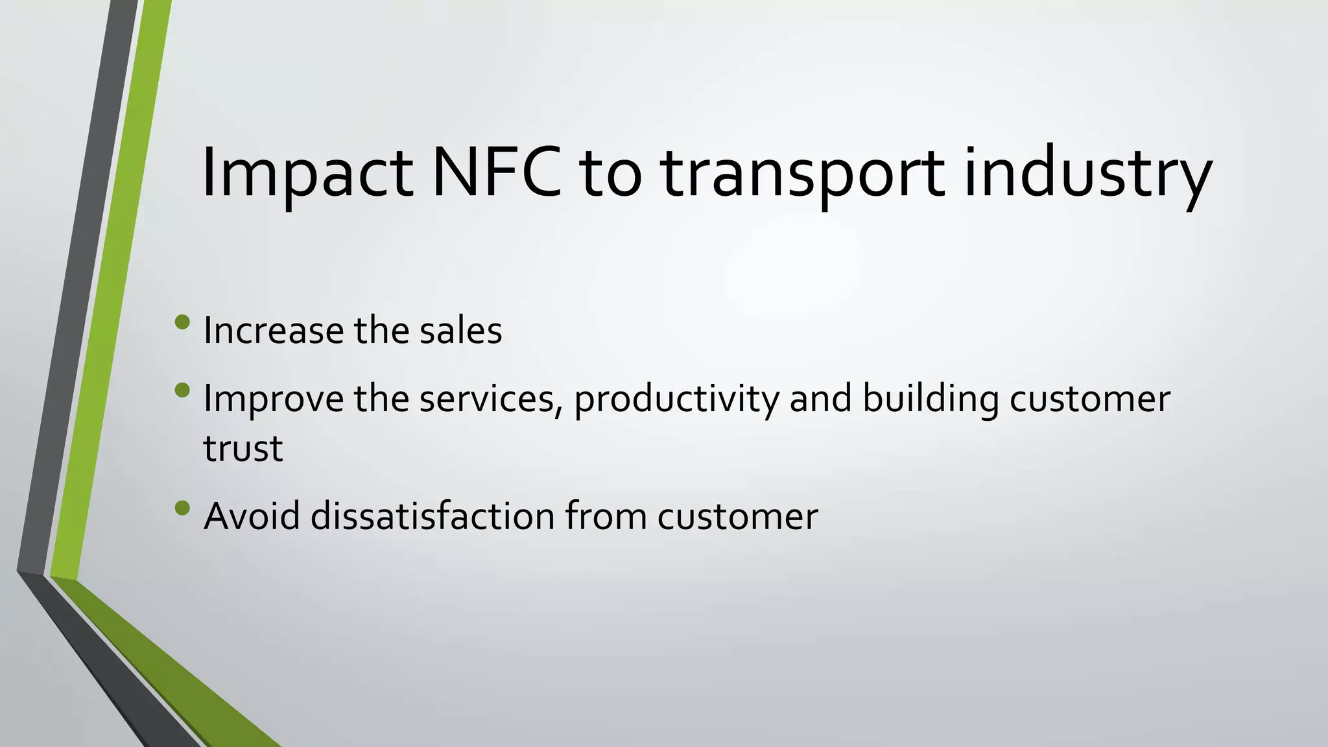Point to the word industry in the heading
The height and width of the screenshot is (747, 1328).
pyautogui.click(x=1087, y=174)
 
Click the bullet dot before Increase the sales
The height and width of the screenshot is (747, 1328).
pyautogui.click(x=182, y=322)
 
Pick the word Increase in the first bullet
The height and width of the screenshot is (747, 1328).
pyautogui.click(x=273, y=331)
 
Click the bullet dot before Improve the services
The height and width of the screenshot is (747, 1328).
pyautogui.click(x=182, y=390)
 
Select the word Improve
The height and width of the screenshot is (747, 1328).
pyautogui.click(x=273, y=399)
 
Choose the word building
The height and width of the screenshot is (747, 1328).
pyautogui.click(x=931, y=399)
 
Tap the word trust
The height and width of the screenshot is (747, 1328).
pyautogui.click(x=243, y=449)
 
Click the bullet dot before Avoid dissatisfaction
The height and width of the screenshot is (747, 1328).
pyautogui.click(x=182, y=508)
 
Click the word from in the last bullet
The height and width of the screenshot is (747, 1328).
pyautogui.click(x=606, y=517)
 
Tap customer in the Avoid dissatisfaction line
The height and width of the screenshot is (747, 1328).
pyautogui.click(x=737, y=517)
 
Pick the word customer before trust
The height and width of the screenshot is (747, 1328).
pyautogui.click(x=1089, y=399)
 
